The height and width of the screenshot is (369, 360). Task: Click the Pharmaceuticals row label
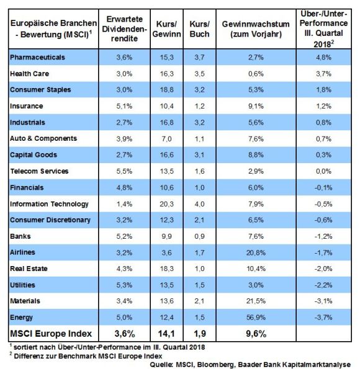[x=37, y=57]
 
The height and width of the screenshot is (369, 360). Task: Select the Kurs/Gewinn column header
[x=166, y=29]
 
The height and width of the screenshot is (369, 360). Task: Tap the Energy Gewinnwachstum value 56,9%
[x=256, y=318]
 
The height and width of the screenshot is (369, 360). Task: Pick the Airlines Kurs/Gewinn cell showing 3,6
[x=166, y=252]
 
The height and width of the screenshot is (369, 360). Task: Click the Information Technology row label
[x=49, y=204]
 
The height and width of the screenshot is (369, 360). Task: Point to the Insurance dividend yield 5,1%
[x=124, y=106]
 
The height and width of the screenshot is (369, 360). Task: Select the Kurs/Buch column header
[x=199, y=29]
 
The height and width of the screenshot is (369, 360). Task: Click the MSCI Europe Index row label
[x=51, y=334]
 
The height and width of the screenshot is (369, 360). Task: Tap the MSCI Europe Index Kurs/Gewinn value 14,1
[x=166, y=334]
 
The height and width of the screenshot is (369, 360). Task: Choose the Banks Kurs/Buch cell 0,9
[x=199, y=236]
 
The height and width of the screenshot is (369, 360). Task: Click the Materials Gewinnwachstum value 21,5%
[x=256, y=301]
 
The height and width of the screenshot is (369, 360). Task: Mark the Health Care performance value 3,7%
[x=323, y=74]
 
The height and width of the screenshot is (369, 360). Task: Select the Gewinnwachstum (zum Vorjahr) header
[x=256, y=29]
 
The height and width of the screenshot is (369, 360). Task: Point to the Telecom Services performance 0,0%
[x=323, y=171]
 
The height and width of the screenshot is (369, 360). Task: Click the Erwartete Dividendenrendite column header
[x=124, y=29]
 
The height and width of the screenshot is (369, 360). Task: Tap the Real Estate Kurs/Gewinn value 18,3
[x=166, y=269]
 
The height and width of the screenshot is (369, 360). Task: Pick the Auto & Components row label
[x=43, y=139]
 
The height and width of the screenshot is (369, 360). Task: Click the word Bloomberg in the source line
[x=215, y=365]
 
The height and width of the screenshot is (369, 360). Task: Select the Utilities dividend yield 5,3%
[x=124, y=285]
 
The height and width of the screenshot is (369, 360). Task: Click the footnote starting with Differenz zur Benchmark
[x=86, y=356]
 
